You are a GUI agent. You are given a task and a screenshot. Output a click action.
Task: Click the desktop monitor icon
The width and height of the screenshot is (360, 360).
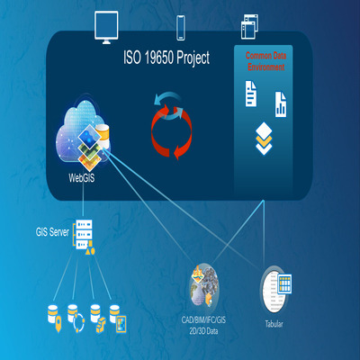pos(106,27)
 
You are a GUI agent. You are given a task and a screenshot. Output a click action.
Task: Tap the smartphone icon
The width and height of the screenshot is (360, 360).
pos(180,28)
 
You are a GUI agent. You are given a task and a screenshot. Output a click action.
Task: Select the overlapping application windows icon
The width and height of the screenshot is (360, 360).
pos(249,27)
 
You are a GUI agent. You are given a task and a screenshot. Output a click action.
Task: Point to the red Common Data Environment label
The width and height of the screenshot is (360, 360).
pos(265,61)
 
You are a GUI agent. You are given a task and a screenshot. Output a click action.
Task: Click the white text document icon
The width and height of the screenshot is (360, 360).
pos(251,94)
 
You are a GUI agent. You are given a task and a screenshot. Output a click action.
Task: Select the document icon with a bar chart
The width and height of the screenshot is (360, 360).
pos(281,104)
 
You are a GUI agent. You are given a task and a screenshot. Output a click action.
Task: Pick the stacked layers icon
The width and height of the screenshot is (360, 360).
pos(264,139)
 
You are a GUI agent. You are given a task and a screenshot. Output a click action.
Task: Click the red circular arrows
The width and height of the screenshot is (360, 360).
pos(171,132)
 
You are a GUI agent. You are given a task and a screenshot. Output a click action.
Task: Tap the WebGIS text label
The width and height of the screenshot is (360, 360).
pos(82,178)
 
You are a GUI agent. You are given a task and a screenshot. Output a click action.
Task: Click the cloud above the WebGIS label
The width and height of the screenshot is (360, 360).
pos(83,132)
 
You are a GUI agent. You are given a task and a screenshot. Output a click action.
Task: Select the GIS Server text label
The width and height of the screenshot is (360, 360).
pos(52,232)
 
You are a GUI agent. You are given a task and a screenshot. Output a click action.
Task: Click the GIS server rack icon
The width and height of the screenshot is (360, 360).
pos(84,237)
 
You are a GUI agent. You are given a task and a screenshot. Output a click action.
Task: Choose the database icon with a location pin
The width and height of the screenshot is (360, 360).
pos(55,318)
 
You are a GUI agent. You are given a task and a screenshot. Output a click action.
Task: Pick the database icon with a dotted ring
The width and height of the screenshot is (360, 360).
pos(76,318)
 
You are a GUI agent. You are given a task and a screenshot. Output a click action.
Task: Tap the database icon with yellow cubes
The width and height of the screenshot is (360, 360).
pos(98,319)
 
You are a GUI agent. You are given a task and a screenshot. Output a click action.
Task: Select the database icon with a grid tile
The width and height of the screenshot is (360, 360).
pos(118,319)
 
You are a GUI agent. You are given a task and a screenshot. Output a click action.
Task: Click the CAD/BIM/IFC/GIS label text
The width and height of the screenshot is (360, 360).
pos(203,319)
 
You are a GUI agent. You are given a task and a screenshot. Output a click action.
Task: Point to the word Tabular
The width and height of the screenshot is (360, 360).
pos(274,324)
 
